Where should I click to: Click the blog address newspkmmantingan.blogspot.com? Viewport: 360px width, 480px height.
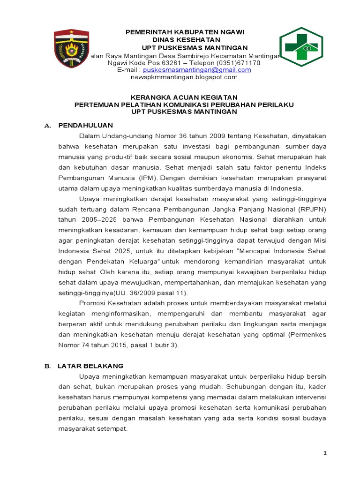coord(184,77)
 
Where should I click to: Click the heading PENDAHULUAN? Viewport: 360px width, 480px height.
coord(85,126)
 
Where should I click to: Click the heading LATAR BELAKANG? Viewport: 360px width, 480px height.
coord(90,366)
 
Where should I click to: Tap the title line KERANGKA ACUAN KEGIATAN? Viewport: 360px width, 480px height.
coord(184,97)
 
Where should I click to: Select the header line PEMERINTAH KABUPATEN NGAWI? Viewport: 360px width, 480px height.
coord(184,32)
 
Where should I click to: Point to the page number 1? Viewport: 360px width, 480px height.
coord(324,453)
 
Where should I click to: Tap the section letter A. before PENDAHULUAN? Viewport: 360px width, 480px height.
coord(47,126)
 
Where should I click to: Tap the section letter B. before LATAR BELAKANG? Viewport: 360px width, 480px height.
coord(47,366)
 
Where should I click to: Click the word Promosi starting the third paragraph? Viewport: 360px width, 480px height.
coord(93,303)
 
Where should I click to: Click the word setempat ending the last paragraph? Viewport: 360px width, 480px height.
coord(112,428)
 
